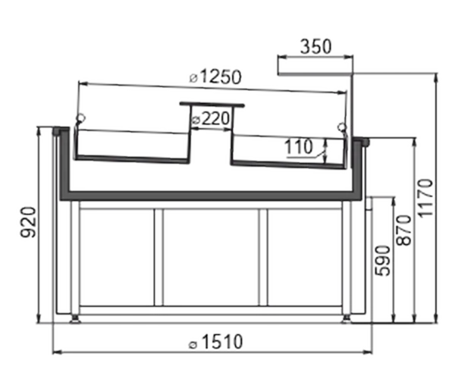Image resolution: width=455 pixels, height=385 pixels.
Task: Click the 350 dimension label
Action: pos(315,47)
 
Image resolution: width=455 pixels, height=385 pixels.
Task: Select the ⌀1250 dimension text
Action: pos(215,77)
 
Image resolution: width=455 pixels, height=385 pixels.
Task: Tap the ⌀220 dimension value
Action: pos(211,118)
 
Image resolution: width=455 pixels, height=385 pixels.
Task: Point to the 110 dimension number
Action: pos(298,146)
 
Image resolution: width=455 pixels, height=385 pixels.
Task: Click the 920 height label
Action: pos(29,222)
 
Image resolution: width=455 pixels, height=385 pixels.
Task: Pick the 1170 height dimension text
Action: pos(425,198)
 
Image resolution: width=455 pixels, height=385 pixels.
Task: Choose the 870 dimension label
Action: pos(403,230)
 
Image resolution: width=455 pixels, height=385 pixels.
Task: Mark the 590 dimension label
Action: pos(382,261)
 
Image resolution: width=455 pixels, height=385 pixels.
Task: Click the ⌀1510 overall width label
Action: pos(215,342)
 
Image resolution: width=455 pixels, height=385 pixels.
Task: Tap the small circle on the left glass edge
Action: pos(80,117)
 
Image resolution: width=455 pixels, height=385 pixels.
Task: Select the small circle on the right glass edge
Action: pos(343,127)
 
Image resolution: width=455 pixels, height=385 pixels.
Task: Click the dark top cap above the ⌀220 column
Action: pos(212,104)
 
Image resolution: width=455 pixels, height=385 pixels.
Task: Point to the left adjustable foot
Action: pos(75,318)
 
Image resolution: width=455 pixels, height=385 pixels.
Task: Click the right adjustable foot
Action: pos(347,318)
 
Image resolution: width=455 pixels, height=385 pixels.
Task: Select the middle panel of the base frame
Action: pos(211,257)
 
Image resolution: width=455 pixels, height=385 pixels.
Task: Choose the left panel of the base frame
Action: pos(117,257)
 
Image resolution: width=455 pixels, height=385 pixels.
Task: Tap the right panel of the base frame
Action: pos(305,257)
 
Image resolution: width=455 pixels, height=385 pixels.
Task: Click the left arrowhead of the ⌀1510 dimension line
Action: pos(56,352)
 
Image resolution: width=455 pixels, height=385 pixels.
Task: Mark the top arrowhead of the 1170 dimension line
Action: pos(436,77)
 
